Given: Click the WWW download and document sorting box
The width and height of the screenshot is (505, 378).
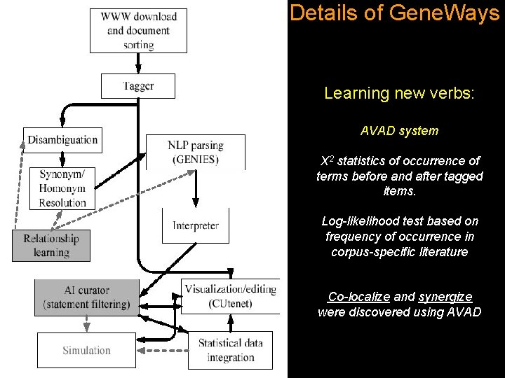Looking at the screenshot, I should click(x=139, y=30).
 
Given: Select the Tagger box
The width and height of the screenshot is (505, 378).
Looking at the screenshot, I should click(x=138, y=86).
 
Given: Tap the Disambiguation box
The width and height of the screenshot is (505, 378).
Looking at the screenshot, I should click(x=62, y=140).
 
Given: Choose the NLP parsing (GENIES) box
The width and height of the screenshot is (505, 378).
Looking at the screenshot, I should click(x=196, y=152).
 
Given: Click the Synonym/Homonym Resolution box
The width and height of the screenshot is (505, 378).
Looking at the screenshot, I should click(x=62, y=188).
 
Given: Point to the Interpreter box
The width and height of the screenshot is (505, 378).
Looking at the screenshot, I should click(x=196, y=225).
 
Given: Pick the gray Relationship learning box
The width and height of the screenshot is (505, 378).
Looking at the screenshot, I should click(x=51, y=245).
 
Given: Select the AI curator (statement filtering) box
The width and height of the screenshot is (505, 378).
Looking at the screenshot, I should click(x=86, y=297).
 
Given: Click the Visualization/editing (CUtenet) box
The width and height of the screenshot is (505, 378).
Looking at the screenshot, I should click(x=230, y=296).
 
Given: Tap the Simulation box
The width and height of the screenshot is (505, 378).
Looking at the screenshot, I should click(x=86, y=350).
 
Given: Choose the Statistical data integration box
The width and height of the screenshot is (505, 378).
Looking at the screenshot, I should click(x=230, y=350).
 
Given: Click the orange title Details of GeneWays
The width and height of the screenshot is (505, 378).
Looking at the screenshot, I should click(x=394, y=13).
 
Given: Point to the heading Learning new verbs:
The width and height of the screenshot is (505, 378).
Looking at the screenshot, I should click(x=399, y=93).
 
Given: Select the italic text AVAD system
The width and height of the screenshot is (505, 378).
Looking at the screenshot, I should click(x=399, y=131).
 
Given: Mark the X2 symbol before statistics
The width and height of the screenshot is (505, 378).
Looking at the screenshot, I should click(x=325, y=161).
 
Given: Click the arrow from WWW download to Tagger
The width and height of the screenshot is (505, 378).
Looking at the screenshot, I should click(x=138, y=63).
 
